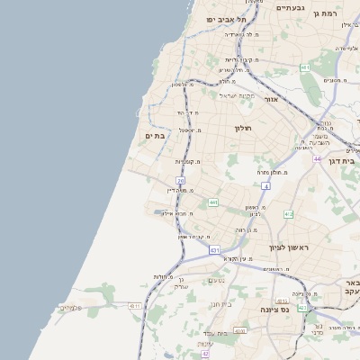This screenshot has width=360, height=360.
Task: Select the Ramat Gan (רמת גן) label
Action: click(346, 13)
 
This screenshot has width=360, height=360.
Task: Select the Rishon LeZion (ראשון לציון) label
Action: click(288, 247)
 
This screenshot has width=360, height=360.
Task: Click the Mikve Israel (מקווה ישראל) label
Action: click(238, 95)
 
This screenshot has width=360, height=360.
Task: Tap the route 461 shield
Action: click(305, 67)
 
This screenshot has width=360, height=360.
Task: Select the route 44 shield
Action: click(318, 158)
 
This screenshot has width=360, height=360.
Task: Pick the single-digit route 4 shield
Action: click(266, 185)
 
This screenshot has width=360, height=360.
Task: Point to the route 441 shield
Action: click(213, 202)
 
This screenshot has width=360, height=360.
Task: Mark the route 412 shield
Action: click(288, 214)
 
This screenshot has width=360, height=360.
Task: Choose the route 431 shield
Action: click(214, 249)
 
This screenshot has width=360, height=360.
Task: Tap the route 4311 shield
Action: click(135, 306)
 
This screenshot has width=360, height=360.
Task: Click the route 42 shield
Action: click(205, 355)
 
